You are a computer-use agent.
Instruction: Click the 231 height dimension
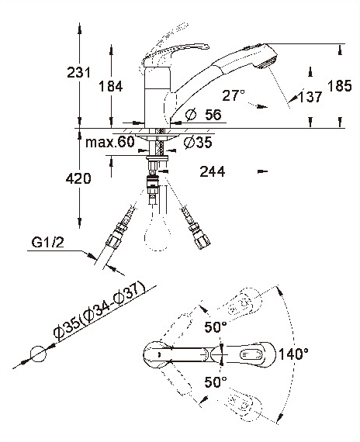point(78,72)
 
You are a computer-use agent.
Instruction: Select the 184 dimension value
point(111,86)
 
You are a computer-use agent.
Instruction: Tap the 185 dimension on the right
point(340,85)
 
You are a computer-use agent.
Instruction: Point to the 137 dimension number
point(310,97)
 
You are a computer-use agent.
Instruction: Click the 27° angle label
point(234,95)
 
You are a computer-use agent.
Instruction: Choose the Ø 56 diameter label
point(204,115)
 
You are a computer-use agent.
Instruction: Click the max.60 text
point(110,142)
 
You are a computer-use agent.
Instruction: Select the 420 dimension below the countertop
point(78,178)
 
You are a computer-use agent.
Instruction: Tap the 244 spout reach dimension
point(213,171)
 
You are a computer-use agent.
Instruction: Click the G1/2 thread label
point(47,242)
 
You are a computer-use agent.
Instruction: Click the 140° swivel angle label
point(294,354)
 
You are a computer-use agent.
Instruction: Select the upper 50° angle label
point(216,327)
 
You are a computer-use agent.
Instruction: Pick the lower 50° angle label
point(216,382)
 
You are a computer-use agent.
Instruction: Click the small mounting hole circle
point(38,354)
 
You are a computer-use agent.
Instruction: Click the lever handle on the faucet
point(175,54)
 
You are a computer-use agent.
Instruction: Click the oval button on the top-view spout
point(252,354)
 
